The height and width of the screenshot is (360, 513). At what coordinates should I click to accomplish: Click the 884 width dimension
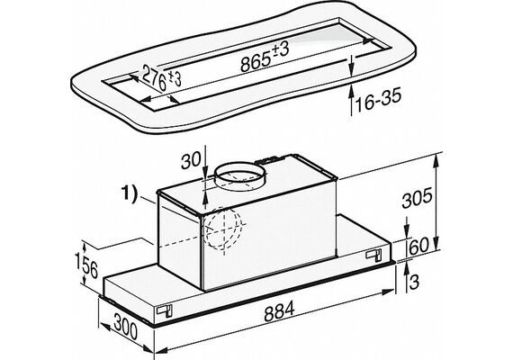(x=279, y=312)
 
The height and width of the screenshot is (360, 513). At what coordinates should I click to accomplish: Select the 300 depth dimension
(x=126, y=327)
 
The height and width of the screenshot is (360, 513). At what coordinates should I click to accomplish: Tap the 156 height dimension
(x=86, y=264)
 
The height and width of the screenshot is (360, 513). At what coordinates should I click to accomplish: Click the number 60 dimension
(x=418, y=247)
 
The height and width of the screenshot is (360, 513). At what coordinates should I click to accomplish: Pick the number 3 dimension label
(x=414, y=282)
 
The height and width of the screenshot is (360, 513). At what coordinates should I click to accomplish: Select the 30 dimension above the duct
(x=191, y=161)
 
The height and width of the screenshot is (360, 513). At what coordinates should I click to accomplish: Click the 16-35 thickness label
(x=378, y=100)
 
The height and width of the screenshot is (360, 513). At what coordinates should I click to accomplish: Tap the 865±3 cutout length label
(x=264, y=58)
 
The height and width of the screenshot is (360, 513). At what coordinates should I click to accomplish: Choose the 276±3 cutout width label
(x=162, y=79)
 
